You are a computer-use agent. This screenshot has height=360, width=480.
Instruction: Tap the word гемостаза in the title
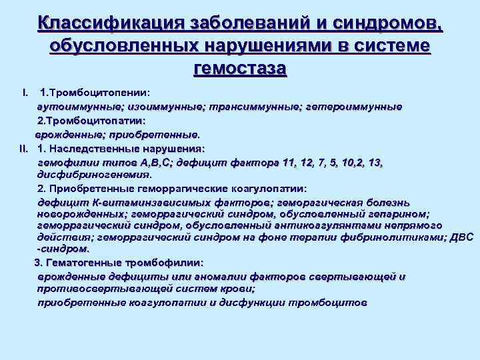tap(239, 67)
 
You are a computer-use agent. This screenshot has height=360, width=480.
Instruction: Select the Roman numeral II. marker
tap(22, 148)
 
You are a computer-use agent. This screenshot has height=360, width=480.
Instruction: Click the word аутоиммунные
tap(73, 106)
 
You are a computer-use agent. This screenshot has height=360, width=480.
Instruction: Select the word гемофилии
tap(65, 161)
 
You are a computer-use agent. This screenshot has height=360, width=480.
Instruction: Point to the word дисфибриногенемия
tap(94, 175)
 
